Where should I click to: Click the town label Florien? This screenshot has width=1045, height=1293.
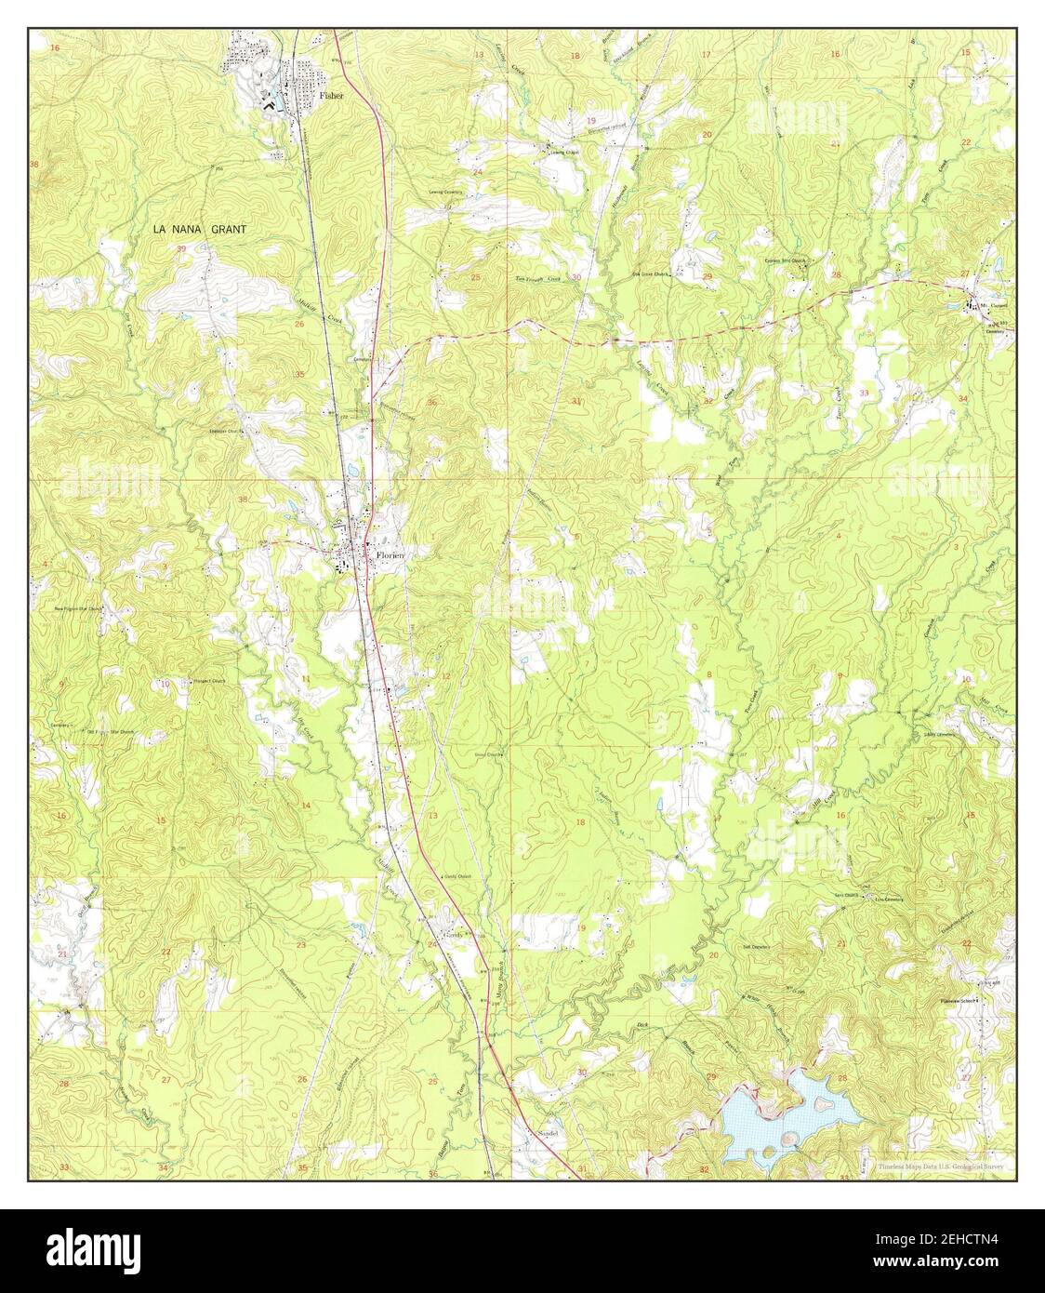(x=389, y=554)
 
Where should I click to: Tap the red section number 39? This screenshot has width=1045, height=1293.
(x=181, y=249)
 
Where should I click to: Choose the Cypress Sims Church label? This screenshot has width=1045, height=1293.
(x=785, y=261)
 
